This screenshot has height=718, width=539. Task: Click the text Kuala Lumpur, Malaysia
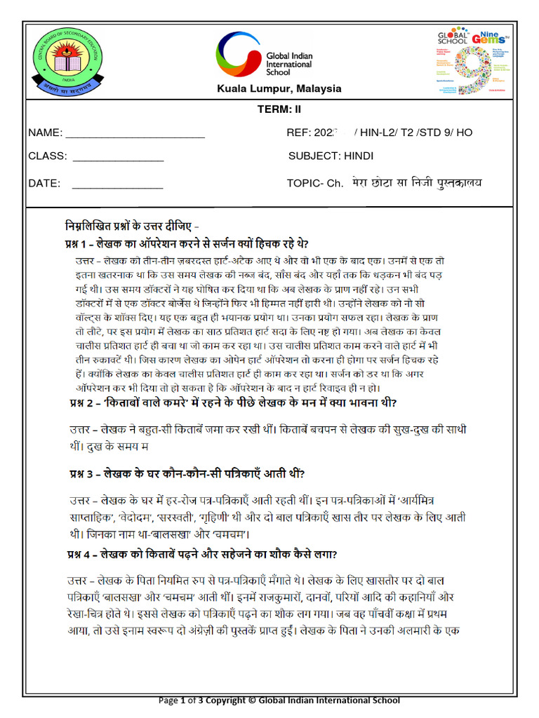279,89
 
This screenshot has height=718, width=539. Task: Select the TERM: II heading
279,109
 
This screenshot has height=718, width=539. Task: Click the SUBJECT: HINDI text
331,156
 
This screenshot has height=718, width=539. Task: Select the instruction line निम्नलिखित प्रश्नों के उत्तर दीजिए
132,227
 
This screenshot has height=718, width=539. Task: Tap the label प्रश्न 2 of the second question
83,402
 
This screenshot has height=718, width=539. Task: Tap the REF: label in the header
298,133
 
